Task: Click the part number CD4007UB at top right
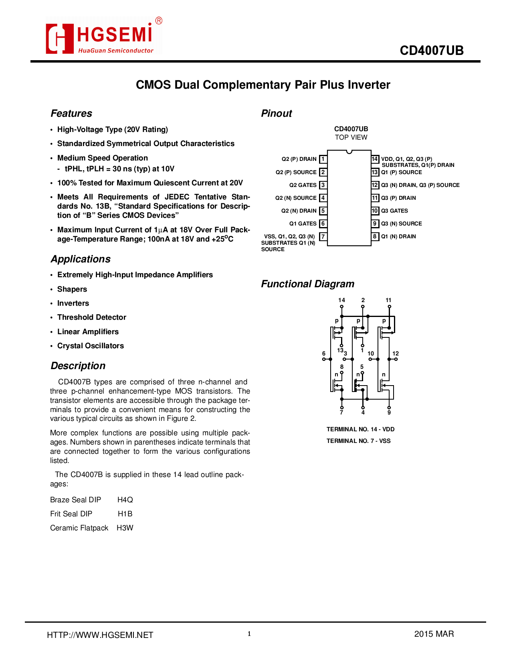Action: (431, 51)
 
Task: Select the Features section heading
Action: (71, 114)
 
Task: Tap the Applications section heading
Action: (81, 259)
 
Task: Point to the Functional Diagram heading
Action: (307, 284)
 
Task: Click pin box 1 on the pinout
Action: (323, 159)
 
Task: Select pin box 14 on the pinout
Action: (375, 159)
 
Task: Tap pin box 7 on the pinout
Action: (323, 237)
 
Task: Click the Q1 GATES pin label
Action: (303, 224)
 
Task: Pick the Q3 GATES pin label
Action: (394, 211)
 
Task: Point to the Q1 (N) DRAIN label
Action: (398, 237)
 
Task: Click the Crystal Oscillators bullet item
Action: (91, 346)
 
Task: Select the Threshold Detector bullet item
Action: (92, 317)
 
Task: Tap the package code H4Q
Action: (125, 500)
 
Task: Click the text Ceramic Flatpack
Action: (79, 528)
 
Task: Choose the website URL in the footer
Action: (100, 635)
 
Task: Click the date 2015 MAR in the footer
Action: (434, 634)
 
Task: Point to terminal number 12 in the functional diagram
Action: (396, 353)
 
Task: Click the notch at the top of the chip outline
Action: (349, 152)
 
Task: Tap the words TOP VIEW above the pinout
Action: (351, 137)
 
